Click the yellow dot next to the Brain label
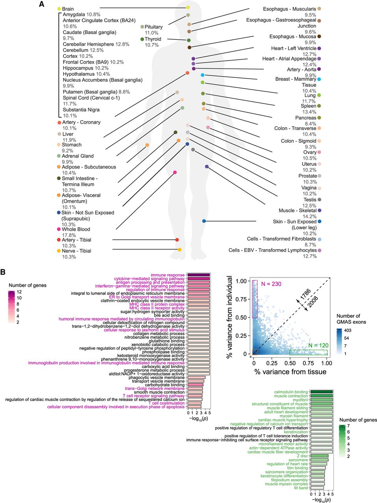(x=59, y=9)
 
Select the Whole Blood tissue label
(x=76, y=229)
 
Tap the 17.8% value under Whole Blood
(x=69, y=235)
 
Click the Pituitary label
(x=153, y=27)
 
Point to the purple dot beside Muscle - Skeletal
(x=320, y=211)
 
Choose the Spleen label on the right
(x=308, y=106)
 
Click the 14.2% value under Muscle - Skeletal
(x=309, y=217)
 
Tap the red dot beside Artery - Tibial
(x=59, y=240)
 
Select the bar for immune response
(x=198, y=275)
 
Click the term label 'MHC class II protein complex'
(x=157, y=304)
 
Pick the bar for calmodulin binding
(x=322, y=392)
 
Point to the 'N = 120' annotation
(x=318, y=345)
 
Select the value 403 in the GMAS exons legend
(x=347, y=330)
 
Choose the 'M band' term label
(x=301, y=488)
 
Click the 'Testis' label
(x=310, y=200)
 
